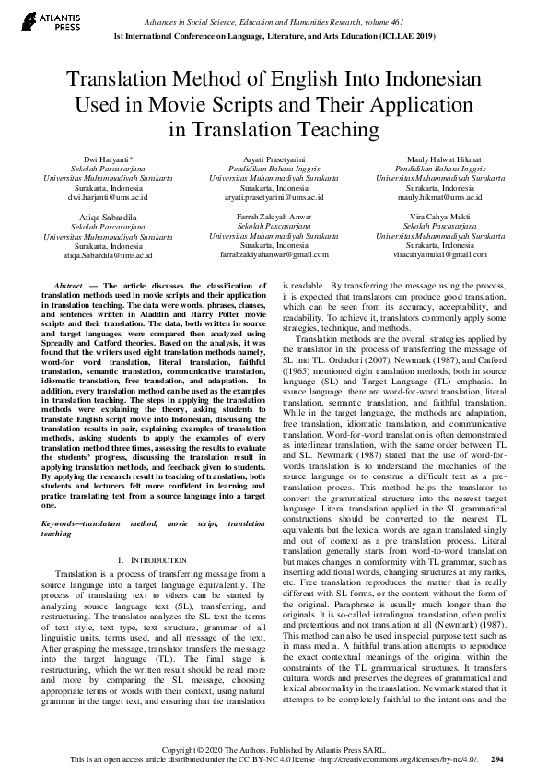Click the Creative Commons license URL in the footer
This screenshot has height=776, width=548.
click(x=405, y=761)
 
